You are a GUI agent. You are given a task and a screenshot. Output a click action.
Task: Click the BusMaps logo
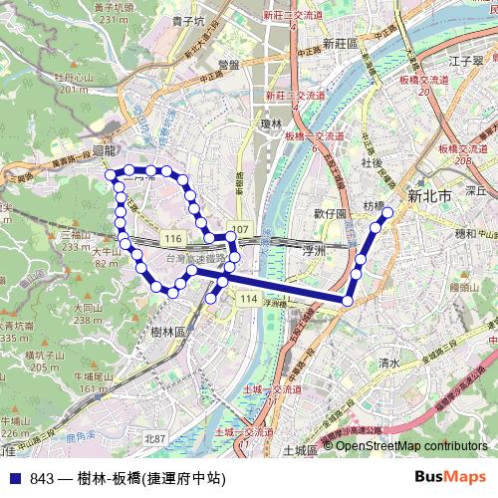click(455, 477)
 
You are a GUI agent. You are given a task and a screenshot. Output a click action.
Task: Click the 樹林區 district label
click(168, 332)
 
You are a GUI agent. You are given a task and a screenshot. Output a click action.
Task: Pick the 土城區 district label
click(300, 449)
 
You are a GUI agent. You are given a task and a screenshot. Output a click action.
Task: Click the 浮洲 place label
click(316, 252)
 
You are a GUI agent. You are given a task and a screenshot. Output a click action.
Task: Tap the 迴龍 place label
click(104, 149)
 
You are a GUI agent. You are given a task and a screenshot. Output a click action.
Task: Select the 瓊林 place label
click(271, 123)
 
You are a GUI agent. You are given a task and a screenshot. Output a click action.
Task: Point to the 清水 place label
click(389, 364)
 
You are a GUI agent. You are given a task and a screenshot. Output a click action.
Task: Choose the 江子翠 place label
click(464, 61)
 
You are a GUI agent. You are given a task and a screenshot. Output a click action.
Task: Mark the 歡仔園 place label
click(330, 213)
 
